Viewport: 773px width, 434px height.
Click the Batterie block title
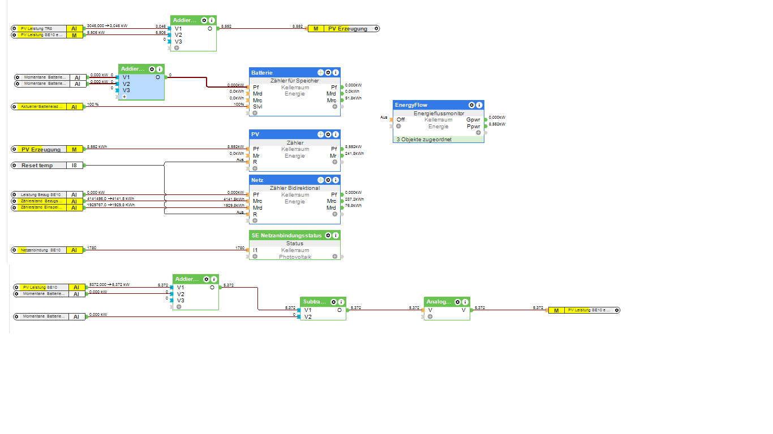point(263,72)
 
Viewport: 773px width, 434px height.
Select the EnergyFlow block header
point(411,105)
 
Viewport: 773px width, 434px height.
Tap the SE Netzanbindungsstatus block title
point(286,235)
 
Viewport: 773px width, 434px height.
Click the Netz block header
point(258,180)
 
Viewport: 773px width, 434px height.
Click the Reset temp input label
point(37,166)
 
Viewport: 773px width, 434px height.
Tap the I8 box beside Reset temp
point(75,166)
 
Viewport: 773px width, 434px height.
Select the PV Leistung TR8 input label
point(37,28)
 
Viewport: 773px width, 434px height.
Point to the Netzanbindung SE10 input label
point(40,250)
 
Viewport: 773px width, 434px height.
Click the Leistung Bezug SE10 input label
point(40,194)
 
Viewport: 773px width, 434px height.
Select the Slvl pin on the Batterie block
point(257,107)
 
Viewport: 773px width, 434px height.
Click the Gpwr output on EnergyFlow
point(473,120)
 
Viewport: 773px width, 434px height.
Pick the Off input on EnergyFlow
point(401,120)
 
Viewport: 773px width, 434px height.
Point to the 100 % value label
point(93,105)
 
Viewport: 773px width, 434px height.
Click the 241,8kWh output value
point(354,153)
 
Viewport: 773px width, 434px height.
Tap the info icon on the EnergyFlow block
point(479,105)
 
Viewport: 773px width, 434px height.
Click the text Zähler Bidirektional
point(294,188)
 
